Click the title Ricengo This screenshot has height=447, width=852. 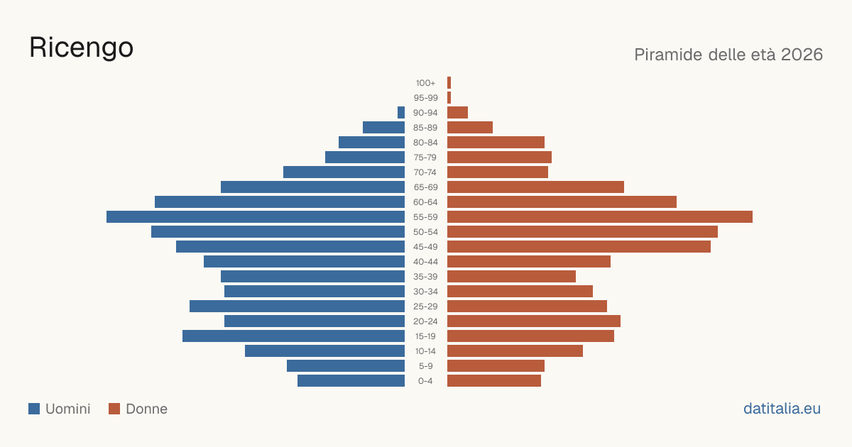pyautogui.click(x=81, y=48)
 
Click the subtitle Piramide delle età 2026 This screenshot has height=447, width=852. pyautogui.click(x=728, y=55)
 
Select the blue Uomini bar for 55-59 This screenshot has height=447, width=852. pyautogui.click(x=256, y=217)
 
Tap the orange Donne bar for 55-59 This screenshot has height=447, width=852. pyautogui.click(x=600, y=217)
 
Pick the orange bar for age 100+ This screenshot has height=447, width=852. pyautogui.click(x=449, y=83)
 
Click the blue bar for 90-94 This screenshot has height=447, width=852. pyautogui.click(x=401, y=113)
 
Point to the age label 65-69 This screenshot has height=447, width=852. pyautogui.click(x=425, y=187)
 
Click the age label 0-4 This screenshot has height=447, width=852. pyautogui.click(x=425, y=381)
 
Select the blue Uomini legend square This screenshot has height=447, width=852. pyautogui.click(x=34, y=409)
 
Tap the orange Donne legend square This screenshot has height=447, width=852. pyautogui.click(x=114, y=409)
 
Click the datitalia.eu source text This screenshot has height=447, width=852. pyautogui.click(x=782, y=409)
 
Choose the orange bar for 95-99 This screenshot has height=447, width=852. pyautogui.click(x=449, y=98)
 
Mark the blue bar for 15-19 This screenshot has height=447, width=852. pyautogui.click(x=294, y=336)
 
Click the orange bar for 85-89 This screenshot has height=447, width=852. pyautogui.click(x=470, y=127)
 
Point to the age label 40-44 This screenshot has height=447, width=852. pyautogui.click(x=425, y=262)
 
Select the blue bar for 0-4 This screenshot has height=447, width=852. pyautogui.click(x=351, y=381)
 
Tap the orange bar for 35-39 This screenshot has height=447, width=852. pyautogui.click(x=512, y=277)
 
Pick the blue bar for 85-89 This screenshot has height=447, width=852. pyautogui.click(x=384, y=127)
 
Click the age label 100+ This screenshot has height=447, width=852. pyautogui.click(x=425, y=83)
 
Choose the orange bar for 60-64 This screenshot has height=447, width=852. pyautogui.click(x=562, y=202)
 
